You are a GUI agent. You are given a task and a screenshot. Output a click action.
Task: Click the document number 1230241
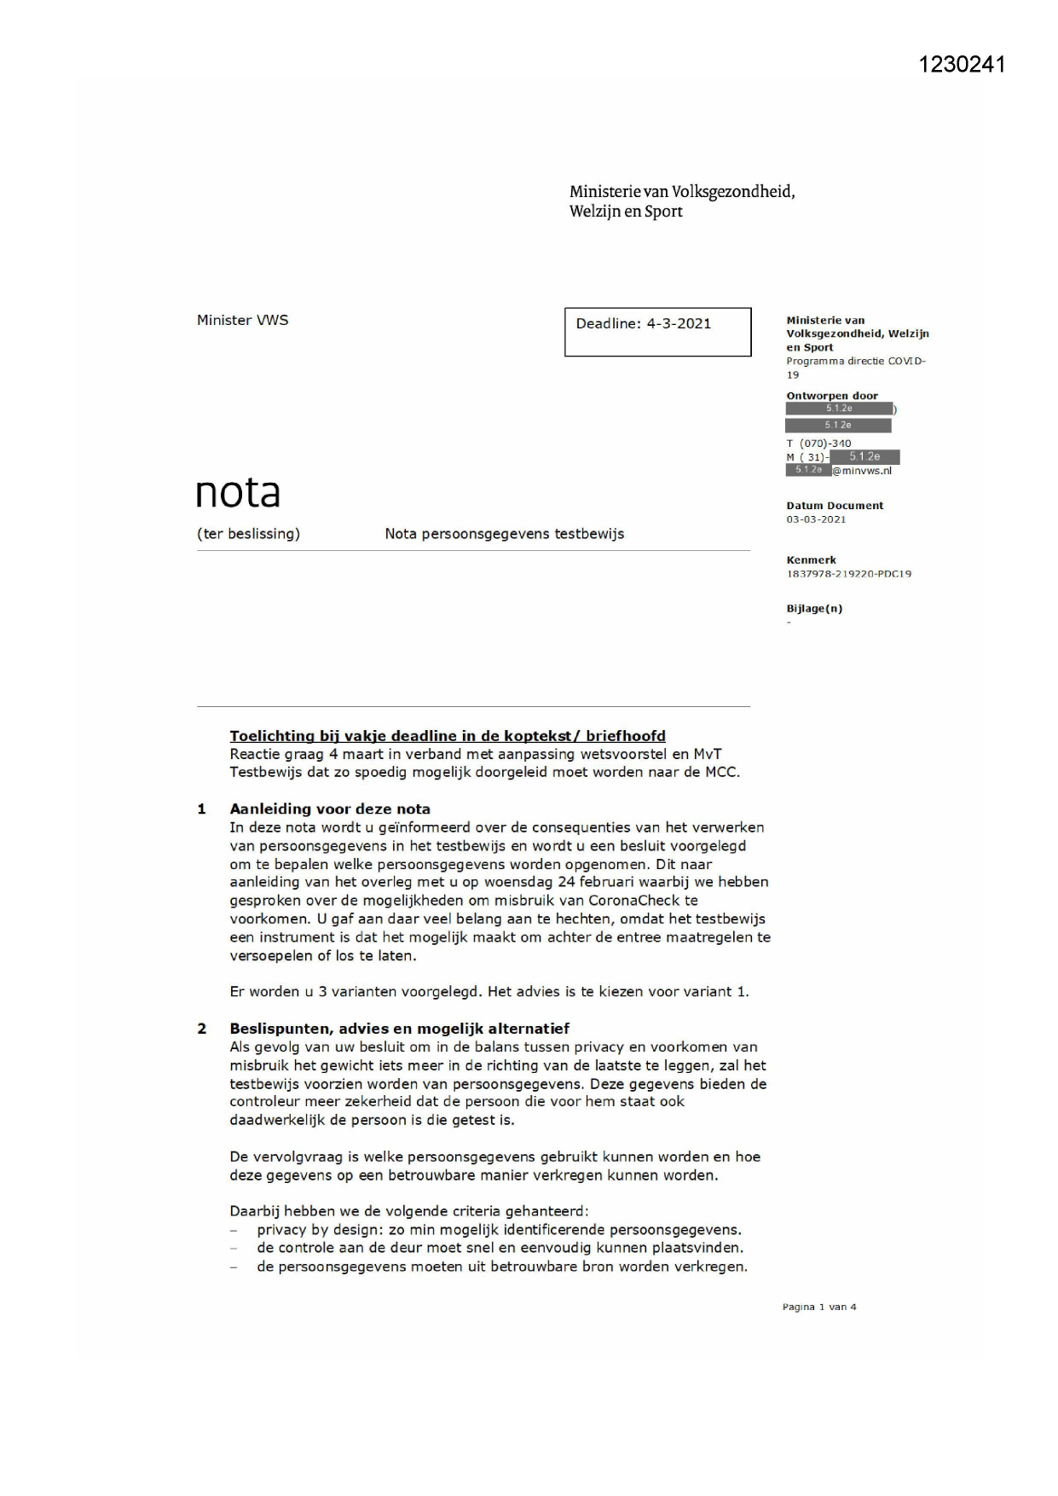[962, 65]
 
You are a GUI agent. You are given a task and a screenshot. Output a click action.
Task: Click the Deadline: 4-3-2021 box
[657, 331]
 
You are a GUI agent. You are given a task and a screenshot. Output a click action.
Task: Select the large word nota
[238, 492]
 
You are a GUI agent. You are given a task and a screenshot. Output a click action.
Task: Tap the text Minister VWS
[242, 320]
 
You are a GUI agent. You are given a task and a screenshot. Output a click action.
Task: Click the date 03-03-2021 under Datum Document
[816, 519]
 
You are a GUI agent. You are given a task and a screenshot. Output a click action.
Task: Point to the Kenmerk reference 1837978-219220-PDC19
[848, 574]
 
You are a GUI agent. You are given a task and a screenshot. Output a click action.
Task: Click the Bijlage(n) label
[813, 608]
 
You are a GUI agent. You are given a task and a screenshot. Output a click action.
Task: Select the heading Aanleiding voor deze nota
[329, 809]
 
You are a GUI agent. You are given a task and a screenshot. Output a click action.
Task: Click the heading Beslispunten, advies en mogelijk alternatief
[399, 1029]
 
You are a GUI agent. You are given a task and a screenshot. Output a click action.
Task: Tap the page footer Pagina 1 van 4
[818, 1307]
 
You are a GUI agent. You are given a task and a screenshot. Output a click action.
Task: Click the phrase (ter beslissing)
[248, 534]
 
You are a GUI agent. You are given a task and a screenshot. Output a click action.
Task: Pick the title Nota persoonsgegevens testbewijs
[504, 534]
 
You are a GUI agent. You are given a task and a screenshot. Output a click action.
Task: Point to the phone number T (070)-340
[818, 444]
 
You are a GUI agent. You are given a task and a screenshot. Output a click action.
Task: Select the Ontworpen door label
[831, 396]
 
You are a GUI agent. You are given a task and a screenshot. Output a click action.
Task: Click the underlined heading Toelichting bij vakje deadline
[447, 736]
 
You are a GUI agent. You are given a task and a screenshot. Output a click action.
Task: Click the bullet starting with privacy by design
[498, 1230]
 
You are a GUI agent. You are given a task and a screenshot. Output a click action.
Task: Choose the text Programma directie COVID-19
[855, 367]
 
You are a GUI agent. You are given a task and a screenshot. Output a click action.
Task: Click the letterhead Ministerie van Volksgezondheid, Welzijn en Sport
[681, 201]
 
